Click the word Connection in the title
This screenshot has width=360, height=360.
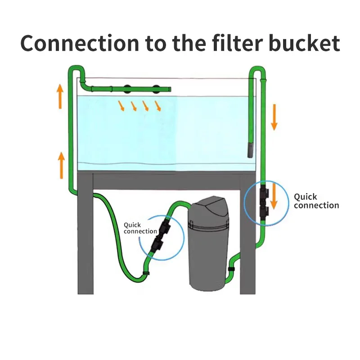pyautogui.click(x=80, y=43)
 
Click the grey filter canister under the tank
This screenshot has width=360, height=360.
pyautogui.click(x=208, y=243)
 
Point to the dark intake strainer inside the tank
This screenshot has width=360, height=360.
pyautogui.click(x=250, y=150)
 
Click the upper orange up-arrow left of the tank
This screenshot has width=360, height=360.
pyautogui.click(x=60, y=96)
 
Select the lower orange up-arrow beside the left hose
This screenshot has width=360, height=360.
pyautogui.click(x=61, y=165)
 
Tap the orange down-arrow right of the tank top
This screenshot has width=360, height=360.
pyautogui.click(x=274, y=117)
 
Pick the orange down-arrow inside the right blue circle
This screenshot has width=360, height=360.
pyautogui.click(x=274, y=196)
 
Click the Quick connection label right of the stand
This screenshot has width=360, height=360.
pyautogui.click(x=316, y=201)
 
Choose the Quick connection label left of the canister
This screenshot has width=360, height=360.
pyautogui.click(x=140, y=228)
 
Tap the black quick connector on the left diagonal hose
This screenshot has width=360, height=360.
pyautogui.click(x=161, y=236)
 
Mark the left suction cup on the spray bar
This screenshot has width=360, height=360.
pyautogui.click(x=127, y=89)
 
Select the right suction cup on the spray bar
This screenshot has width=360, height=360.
pyautogui.click(x=156, y=89)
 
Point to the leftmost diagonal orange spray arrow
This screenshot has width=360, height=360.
pyautogui.click(x=121, y=106)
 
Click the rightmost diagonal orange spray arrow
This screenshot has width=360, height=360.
pyautogui.click(x=158, y=106)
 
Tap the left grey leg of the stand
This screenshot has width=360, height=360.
pyautogui.click(x=85, y=233)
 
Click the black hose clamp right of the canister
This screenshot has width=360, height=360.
pyautogui.click(x=231, y=269)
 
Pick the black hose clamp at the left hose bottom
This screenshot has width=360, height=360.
pyautogui.click(x=146, y=273)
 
